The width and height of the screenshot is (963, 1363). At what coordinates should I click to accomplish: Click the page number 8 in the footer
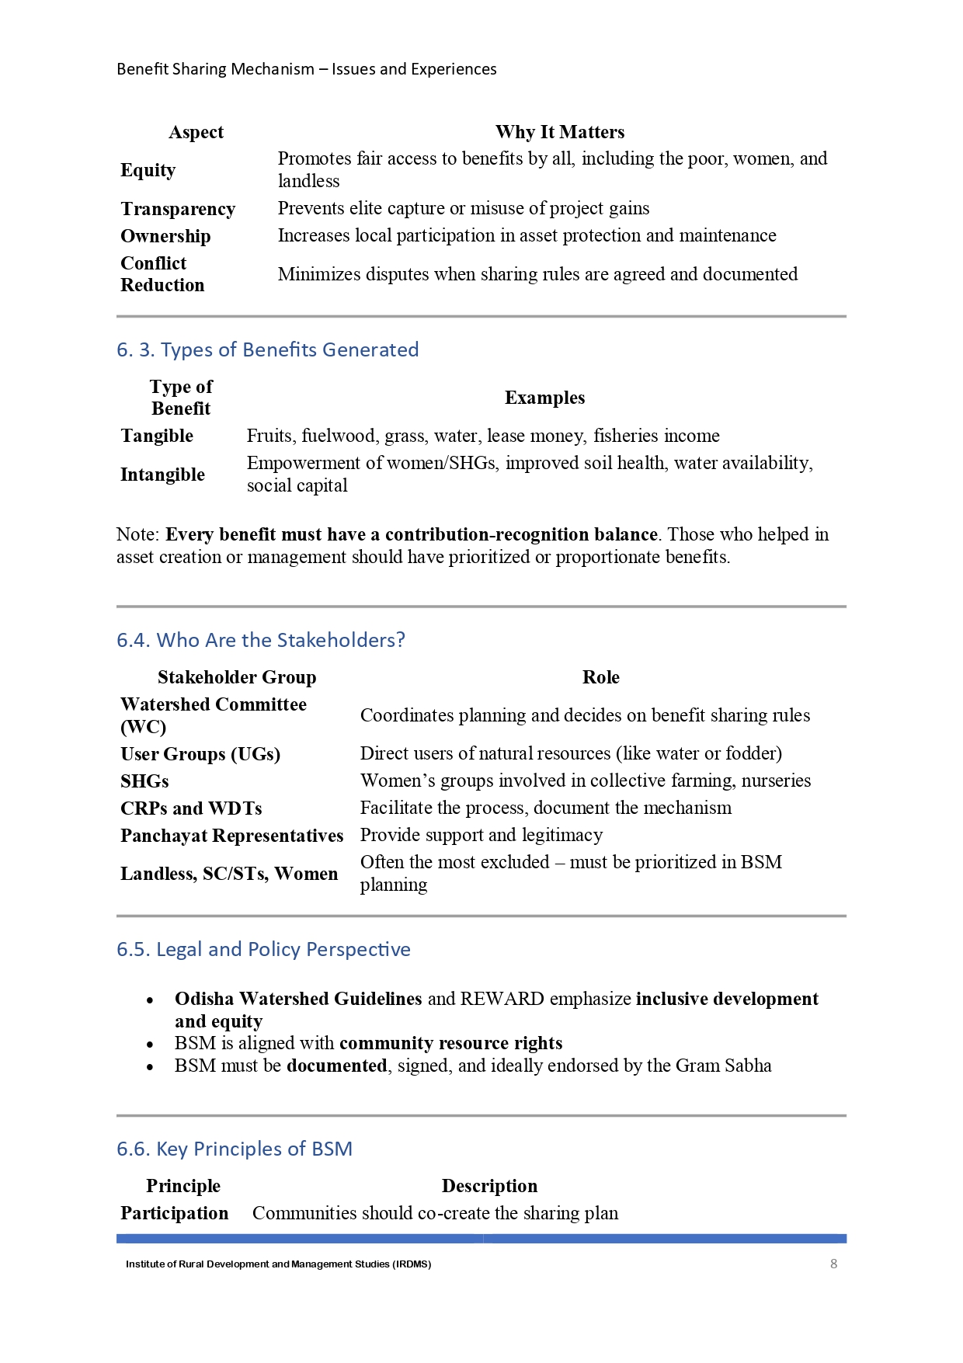coord(833,1264)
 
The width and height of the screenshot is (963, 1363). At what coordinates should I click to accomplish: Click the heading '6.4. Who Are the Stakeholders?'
coord(261,640)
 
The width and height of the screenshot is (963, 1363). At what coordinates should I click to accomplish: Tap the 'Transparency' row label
coord(178,209)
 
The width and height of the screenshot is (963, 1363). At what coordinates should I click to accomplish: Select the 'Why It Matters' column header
coord(560,132)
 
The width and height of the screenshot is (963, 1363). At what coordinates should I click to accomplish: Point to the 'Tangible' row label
coord(157,436)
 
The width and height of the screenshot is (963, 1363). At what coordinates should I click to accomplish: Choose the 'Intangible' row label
coord(162,475)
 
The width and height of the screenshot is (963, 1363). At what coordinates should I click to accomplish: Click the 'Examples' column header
coord(544,398)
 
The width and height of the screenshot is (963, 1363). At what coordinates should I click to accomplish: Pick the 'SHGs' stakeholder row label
coord(144,781)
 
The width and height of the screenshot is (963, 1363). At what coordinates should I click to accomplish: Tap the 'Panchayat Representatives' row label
coord(231,836)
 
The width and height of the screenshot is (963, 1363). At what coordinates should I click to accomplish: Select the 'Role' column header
coord(600,677)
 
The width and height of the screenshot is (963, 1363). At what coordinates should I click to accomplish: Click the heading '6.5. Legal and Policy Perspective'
coord(263,949)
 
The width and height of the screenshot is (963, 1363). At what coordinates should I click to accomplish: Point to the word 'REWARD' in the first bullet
coord(502,999)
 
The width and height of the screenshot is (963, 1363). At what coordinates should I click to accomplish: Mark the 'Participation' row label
coord(175,1213)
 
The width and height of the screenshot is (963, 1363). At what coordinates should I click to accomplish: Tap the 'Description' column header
coord(489,1186)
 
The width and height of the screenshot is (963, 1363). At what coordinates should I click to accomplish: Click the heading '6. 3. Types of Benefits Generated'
coord(267,349)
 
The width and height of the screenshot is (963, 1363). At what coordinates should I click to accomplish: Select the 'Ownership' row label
coord(165,236)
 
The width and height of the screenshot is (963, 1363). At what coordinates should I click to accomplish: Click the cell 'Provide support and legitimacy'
coord(481,835)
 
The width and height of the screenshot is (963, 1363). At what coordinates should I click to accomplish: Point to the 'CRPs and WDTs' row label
coord(191,808)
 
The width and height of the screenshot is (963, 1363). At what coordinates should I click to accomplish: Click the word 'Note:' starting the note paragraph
coord(139,534)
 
